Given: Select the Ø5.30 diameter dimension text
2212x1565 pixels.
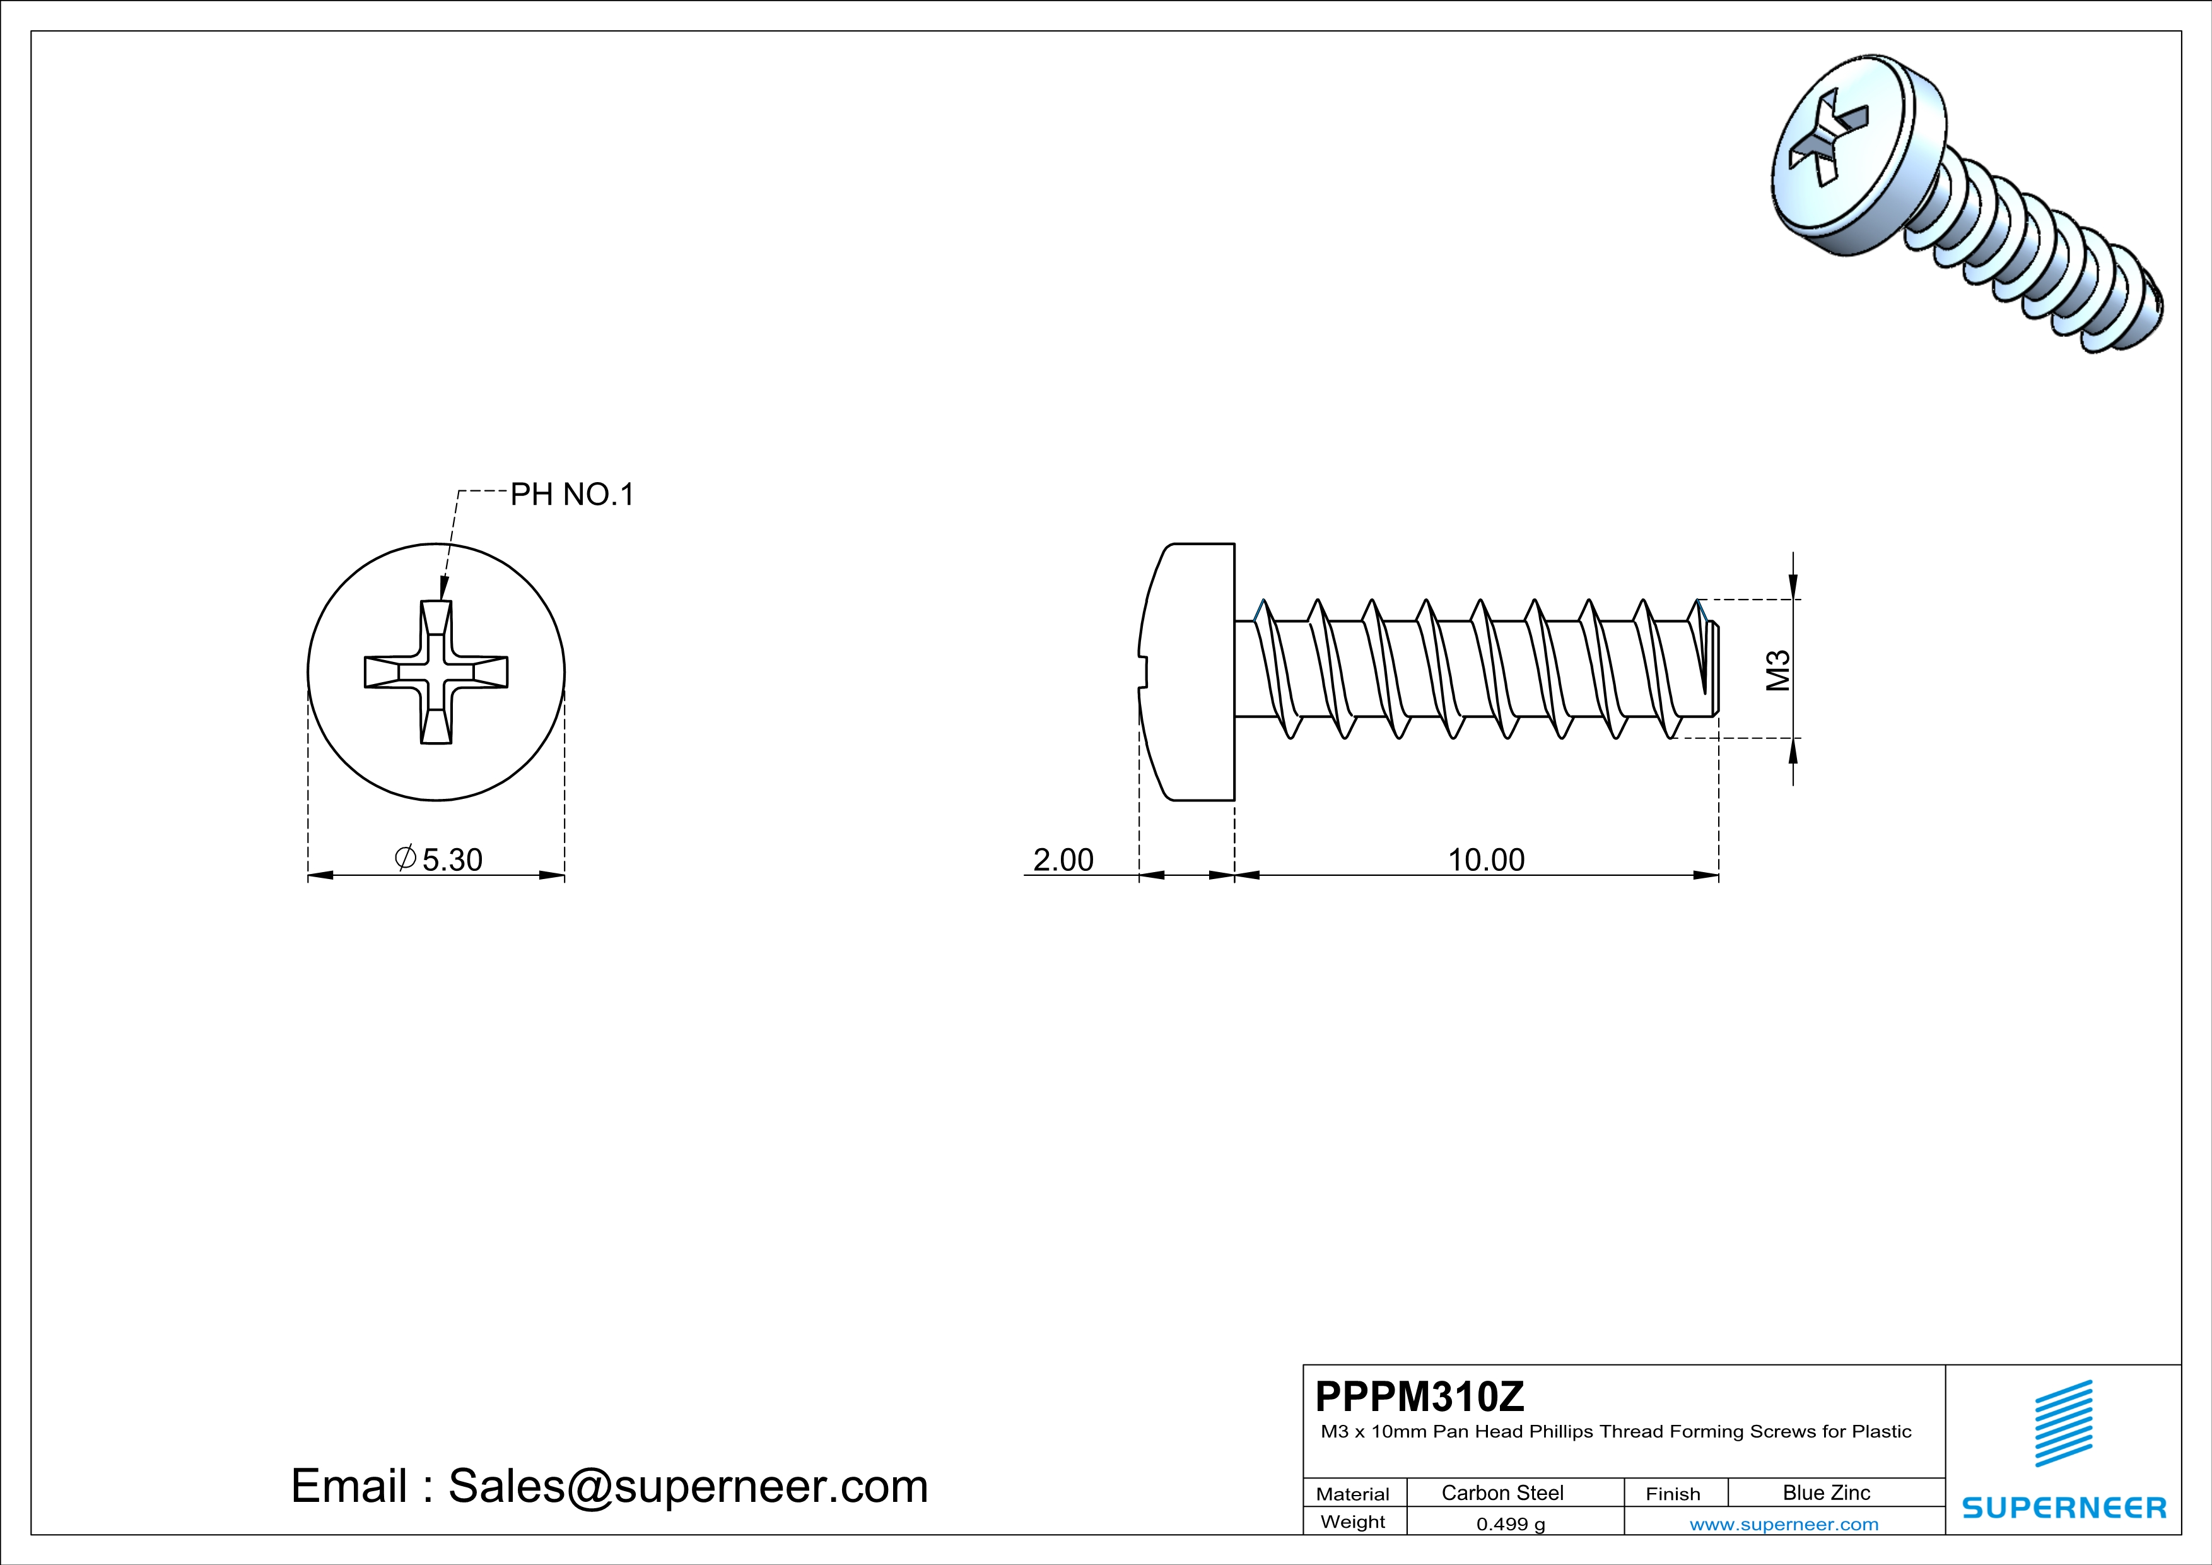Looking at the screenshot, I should (x=440, y=859).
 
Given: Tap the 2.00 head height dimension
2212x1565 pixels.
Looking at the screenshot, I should (x=1063, y=859).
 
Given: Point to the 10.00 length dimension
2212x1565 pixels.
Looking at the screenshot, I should (x=1485, y=859).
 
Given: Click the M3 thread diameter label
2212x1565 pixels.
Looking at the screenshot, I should (x=1777, y=671).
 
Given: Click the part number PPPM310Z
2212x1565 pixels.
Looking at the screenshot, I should (x=1419, y=1397).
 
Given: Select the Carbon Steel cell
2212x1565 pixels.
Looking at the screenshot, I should (x=1502, y=1492).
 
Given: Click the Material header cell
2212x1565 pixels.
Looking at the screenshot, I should (x=1353, y=1494).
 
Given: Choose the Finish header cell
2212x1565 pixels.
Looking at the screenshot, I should (x=1673, y=1494).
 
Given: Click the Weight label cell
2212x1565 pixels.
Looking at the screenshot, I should (x=1353, y=1521).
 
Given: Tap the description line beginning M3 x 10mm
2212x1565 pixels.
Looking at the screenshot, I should (x=1616, y=1432).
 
